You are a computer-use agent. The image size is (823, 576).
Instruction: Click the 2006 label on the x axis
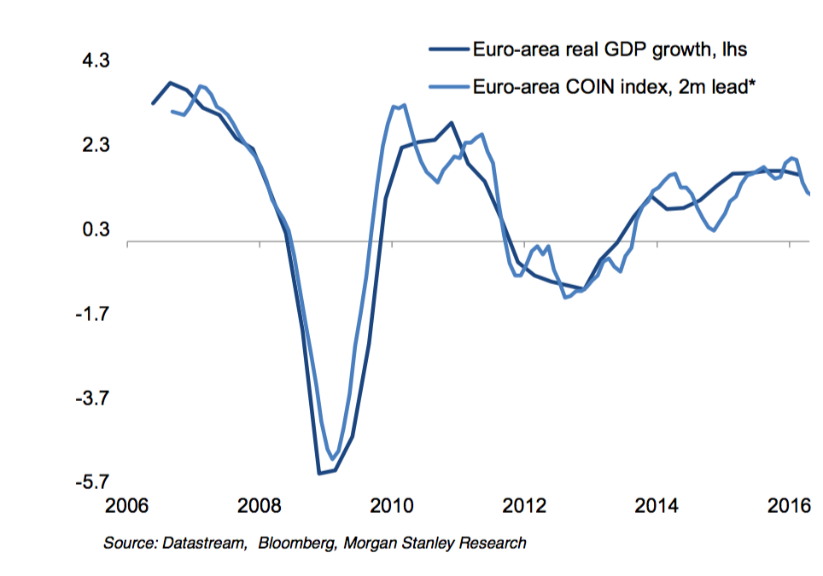[x=127, y=507]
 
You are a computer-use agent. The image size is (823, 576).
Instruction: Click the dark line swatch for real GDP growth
[x=449, y=49]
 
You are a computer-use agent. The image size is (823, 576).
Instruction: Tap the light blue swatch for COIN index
[x=449, y=85]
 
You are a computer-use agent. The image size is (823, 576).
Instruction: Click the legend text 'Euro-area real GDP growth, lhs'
[x=610, y=49]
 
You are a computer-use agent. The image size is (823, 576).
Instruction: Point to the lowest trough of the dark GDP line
[x=319, y=473]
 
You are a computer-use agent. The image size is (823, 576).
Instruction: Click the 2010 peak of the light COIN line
[x=403, y=106]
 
